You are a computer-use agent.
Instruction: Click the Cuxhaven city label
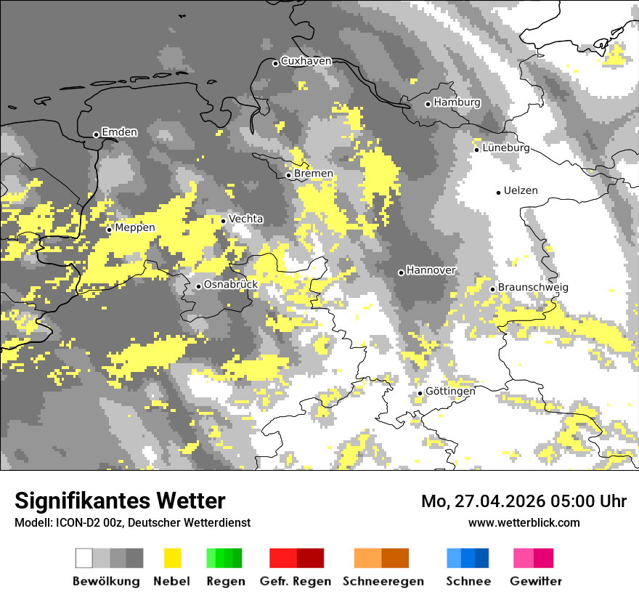306,61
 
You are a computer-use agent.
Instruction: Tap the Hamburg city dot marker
428,104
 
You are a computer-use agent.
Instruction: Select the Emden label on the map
119,132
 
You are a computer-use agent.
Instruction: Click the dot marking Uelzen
498,193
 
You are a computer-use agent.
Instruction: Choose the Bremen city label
314,174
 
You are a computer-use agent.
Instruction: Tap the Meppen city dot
109,230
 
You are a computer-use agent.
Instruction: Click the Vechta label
246,219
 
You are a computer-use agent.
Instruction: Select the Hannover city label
431,270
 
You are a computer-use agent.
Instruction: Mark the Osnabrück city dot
198,286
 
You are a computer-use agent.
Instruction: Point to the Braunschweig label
533,288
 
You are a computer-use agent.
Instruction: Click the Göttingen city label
450,392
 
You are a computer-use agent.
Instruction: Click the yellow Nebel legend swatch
172,558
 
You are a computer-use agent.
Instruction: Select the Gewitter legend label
536,581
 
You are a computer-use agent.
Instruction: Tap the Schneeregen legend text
383,581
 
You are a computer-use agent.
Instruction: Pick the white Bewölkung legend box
84,558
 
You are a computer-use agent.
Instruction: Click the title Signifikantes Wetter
120,501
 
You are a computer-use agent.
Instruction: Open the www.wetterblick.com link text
524,523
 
